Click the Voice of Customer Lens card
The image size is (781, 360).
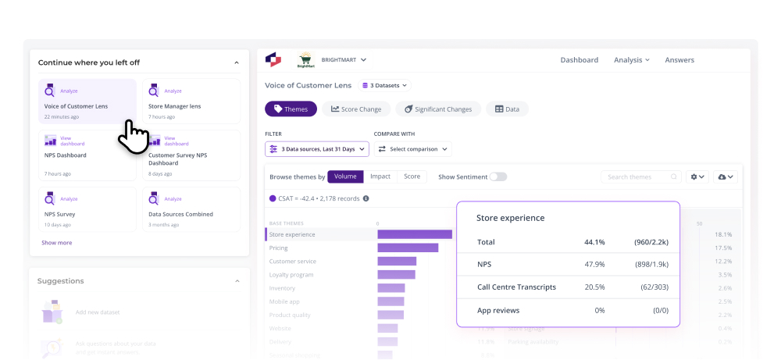87,102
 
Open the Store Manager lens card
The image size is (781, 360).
193,102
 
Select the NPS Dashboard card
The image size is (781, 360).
87,155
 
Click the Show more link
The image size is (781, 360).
56,243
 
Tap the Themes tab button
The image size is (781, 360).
291,109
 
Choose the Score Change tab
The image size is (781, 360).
355,109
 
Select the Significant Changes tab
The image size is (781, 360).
437,109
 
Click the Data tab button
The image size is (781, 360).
507,109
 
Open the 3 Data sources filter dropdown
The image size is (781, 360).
316,148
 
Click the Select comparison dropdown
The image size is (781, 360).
413,148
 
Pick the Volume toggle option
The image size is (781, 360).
345,176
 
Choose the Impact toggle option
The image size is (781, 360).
380,176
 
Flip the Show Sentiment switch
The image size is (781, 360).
497,176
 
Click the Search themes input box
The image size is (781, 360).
639,177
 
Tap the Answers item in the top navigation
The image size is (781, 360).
679,60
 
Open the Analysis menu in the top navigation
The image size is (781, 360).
631,60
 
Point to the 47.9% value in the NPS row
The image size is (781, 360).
595,265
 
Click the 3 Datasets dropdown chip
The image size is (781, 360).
385,85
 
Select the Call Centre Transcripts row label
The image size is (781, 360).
516,287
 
